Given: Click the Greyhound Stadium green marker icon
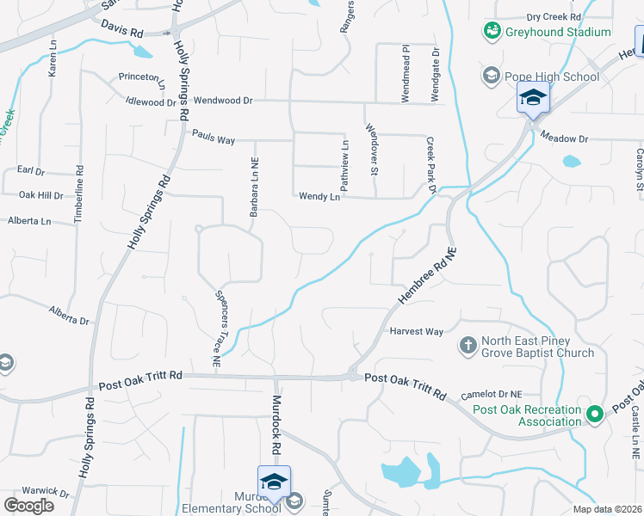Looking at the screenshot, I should (492, 32).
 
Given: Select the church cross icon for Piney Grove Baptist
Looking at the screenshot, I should (468, 346).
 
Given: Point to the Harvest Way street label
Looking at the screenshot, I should (416, 331).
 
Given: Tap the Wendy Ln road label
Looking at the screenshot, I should (319, 197).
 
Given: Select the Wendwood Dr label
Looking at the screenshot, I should (223, 101).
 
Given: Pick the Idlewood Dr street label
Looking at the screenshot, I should (151, 102).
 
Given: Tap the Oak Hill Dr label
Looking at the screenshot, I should (41, 195).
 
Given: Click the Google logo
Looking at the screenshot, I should (28, 505).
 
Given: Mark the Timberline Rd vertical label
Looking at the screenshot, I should (79, 195).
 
